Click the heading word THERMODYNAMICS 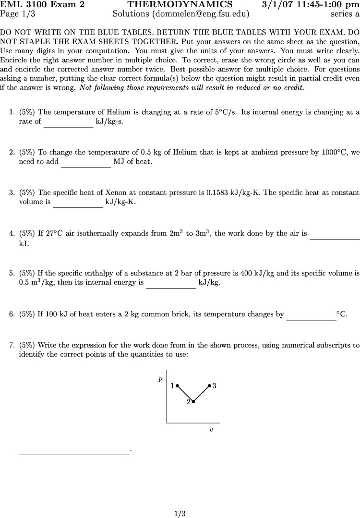point(180,5)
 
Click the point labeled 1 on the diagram point(177,385)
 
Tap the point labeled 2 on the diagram point(193,401)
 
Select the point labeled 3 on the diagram point(209,385)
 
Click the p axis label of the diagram point(160,379)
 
